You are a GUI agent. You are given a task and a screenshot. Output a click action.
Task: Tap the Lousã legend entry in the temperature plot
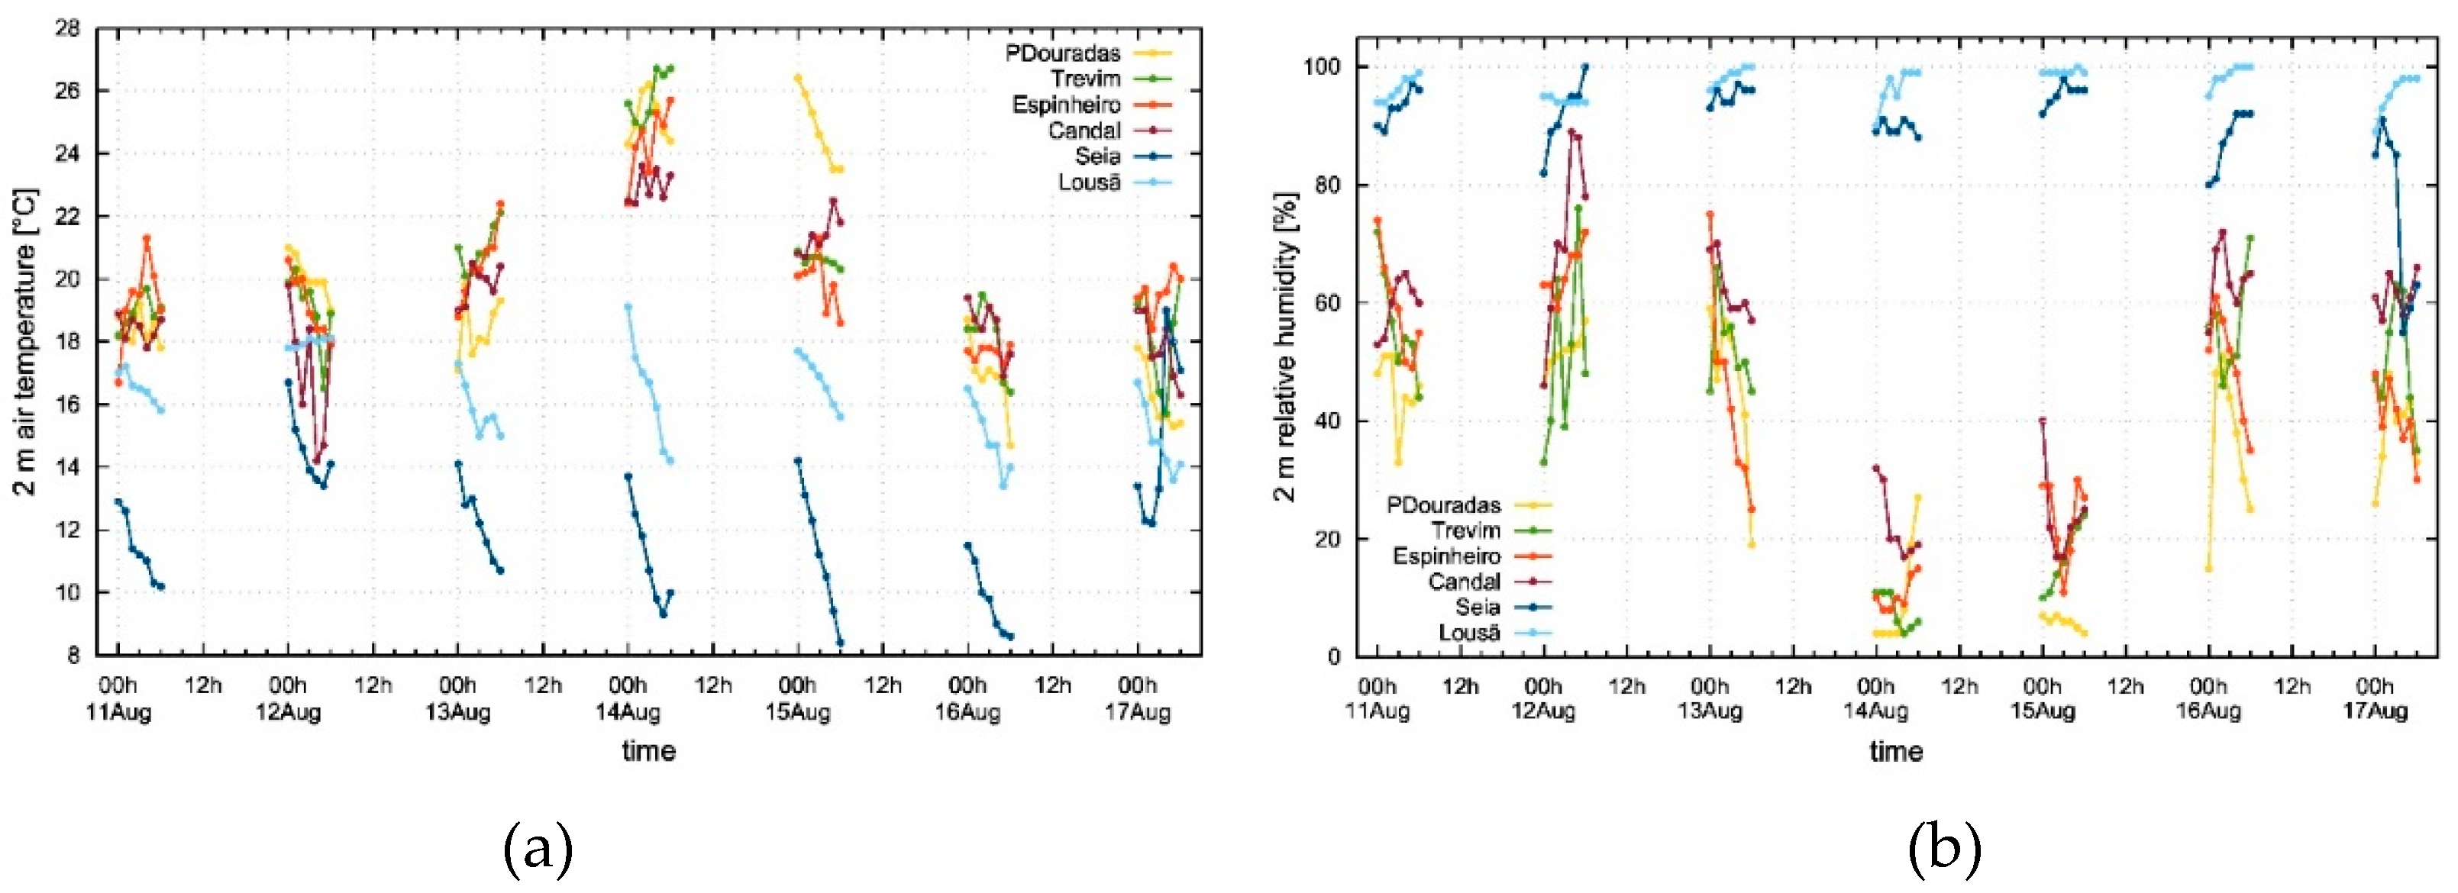(x=1089, y=182)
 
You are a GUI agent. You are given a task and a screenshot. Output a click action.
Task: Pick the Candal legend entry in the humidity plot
(x=1464, y=581)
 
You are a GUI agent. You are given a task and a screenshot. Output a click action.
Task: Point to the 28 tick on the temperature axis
(x=73, y=27)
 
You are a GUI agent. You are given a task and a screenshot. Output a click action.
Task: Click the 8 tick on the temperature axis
(x=80, y=656)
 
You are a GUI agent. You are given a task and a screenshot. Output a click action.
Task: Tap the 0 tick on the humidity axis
(x=1334, y=656)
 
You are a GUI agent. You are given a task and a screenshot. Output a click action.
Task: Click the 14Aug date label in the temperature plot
(x=628, y=711)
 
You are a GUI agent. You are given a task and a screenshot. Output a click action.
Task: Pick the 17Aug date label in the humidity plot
(x=2374, y=711)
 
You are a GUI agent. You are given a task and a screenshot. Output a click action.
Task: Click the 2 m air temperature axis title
(x=26, y=342)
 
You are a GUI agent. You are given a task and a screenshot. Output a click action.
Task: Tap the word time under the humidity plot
(x=1895, y=752)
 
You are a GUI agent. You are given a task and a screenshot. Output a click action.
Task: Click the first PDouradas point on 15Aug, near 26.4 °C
(x=798, y=78)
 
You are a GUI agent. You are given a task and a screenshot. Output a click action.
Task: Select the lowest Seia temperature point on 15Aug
(x=840, y=643)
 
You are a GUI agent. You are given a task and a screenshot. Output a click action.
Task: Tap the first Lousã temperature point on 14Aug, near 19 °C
(x=628, y=307)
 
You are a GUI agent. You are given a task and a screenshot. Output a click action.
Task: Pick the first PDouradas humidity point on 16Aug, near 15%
(x=2208, y=568)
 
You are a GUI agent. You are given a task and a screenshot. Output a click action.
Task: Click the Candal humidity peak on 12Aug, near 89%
(x=1571, y=133)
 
